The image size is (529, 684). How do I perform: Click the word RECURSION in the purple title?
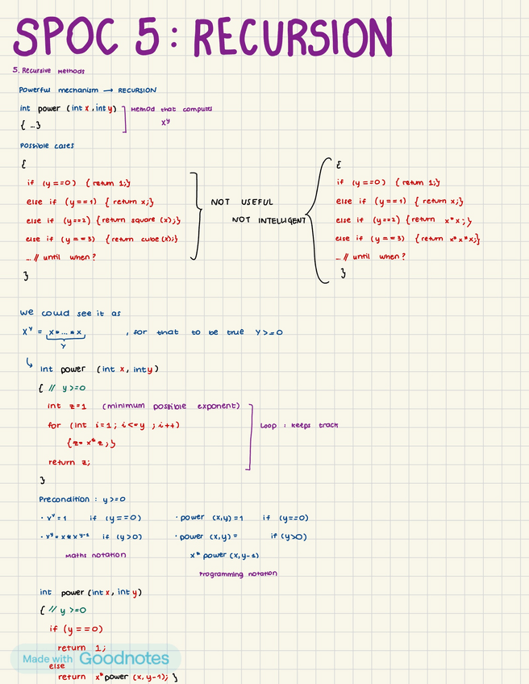(292, 37)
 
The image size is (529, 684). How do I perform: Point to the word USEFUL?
(256, 202)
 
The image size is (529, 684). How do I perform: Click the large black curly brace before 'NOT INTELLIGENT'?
(319, 219)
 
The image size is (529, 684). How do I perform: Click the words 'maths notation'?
(95, 555)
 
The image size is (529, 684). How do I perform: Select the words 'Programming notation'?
(238, 573)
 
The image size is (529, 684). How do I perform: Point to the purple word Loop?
(268, 425)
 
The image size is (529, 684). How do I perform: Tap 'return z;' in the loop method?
(69, 462)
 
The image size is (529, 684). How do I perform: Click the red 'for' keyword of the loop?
(54, 425)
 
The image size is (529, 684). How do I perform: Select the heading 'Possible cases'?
(47, 146)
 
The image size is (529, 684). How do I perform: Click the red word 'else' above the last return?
(57, 666)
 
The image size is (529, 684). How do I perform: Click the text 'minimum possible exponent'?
(171, 407)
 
